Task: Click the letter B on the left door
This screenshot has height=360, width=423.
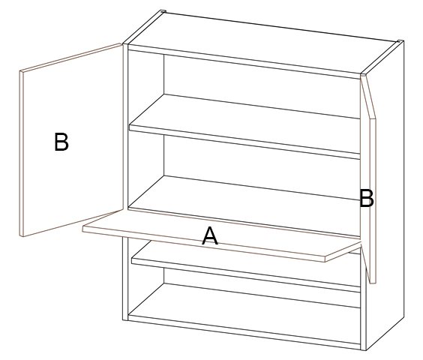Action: click(61, 142)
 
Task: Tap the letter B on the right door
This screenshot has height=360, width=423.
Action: click(367, 198)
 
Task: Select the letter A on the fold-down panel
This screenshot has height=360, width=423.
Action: click(210, 235)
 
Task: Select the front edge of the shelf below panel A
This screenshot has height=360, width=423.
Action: click(245, 274)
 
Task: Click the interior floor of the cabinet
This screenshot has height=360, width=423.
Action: click(244, 299)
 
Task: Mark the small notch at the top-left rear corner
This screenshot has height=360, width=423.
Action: click(163, 11)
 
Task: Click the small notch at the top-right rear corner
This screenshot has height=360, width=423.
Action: click(400, 41)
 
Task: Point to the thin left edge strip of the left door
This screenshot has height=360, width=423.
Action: click(21, 154)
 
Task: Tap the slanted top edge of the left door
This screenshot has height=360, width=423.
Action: click(70, 57)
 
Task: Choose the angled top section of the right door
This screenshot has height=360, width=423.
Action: click(367, 97)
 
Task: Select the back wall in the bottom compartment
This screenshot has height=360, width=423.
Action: click(262, 288)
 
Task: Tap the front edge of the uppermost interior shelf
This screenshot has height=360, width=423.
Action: click(244, 142)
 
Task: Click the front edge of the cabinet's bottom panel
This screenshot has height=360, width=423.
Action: click(244, 332)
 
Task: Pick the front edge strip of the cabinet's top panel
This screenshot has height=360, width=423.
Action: click(244, 61)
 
